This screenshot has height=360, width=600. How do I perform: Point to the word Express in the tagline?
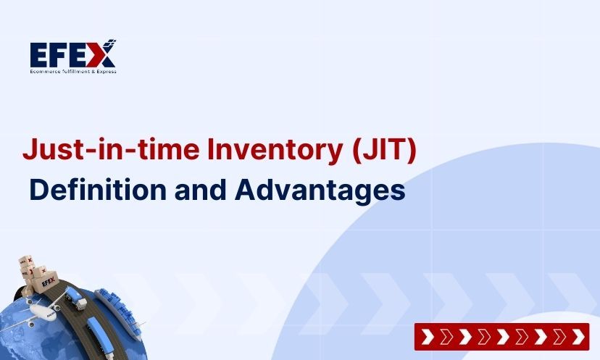(x=104, y=71)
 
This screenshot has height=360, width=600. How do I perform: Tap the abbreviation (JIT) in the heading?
(x=383, y=150)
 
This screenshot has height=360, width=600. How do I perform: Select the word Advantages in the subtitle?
(x=320, y=190)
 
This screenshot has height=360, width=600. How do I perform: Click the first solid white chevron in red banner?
(x=428, y=337)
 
